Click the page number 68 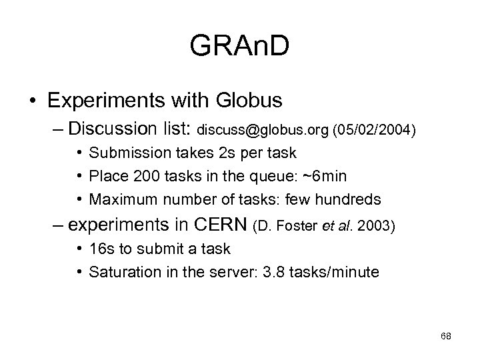[x=446, y=337]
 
